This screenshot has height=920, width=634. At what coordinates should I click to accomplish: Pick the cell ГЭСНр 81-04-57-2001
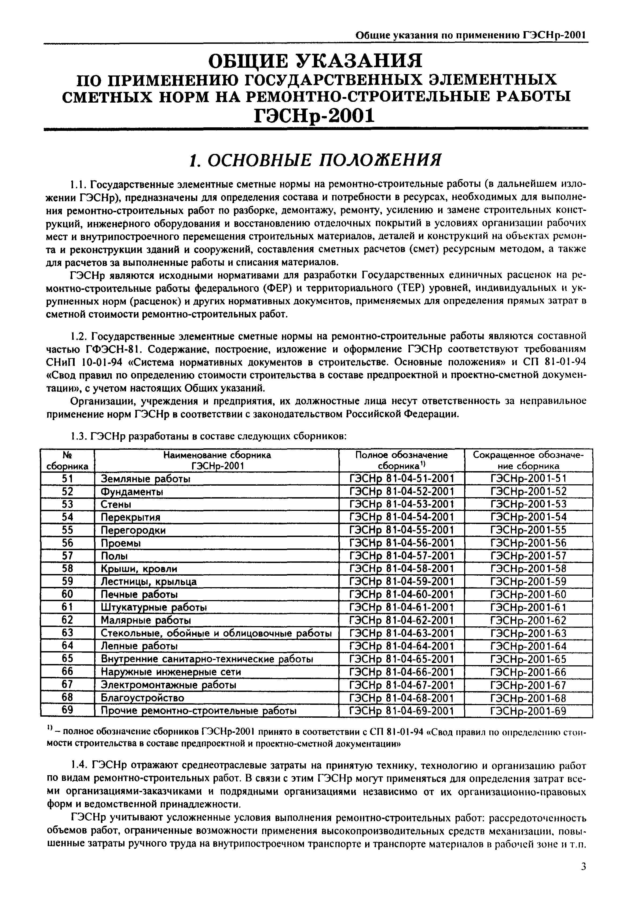tap(401, 555)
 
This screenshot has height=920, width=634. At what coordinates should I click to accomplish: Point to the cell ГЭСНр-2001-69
tap(528, 710)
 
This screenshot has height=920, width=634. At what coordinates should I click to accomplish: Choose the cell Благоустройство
tap(142, 698)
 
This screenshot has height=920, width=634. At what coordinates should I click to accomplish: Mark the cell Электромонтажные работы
tap(168, 685)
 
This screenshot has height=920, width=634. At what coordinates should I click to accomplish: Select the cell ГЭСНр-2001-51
tap(528, 479)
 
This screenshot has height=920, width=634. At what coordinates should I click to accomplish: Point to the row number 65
tap(68, 659)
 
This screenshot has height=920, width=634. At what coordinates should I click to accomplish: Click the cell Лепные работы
tap(139, 646)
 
